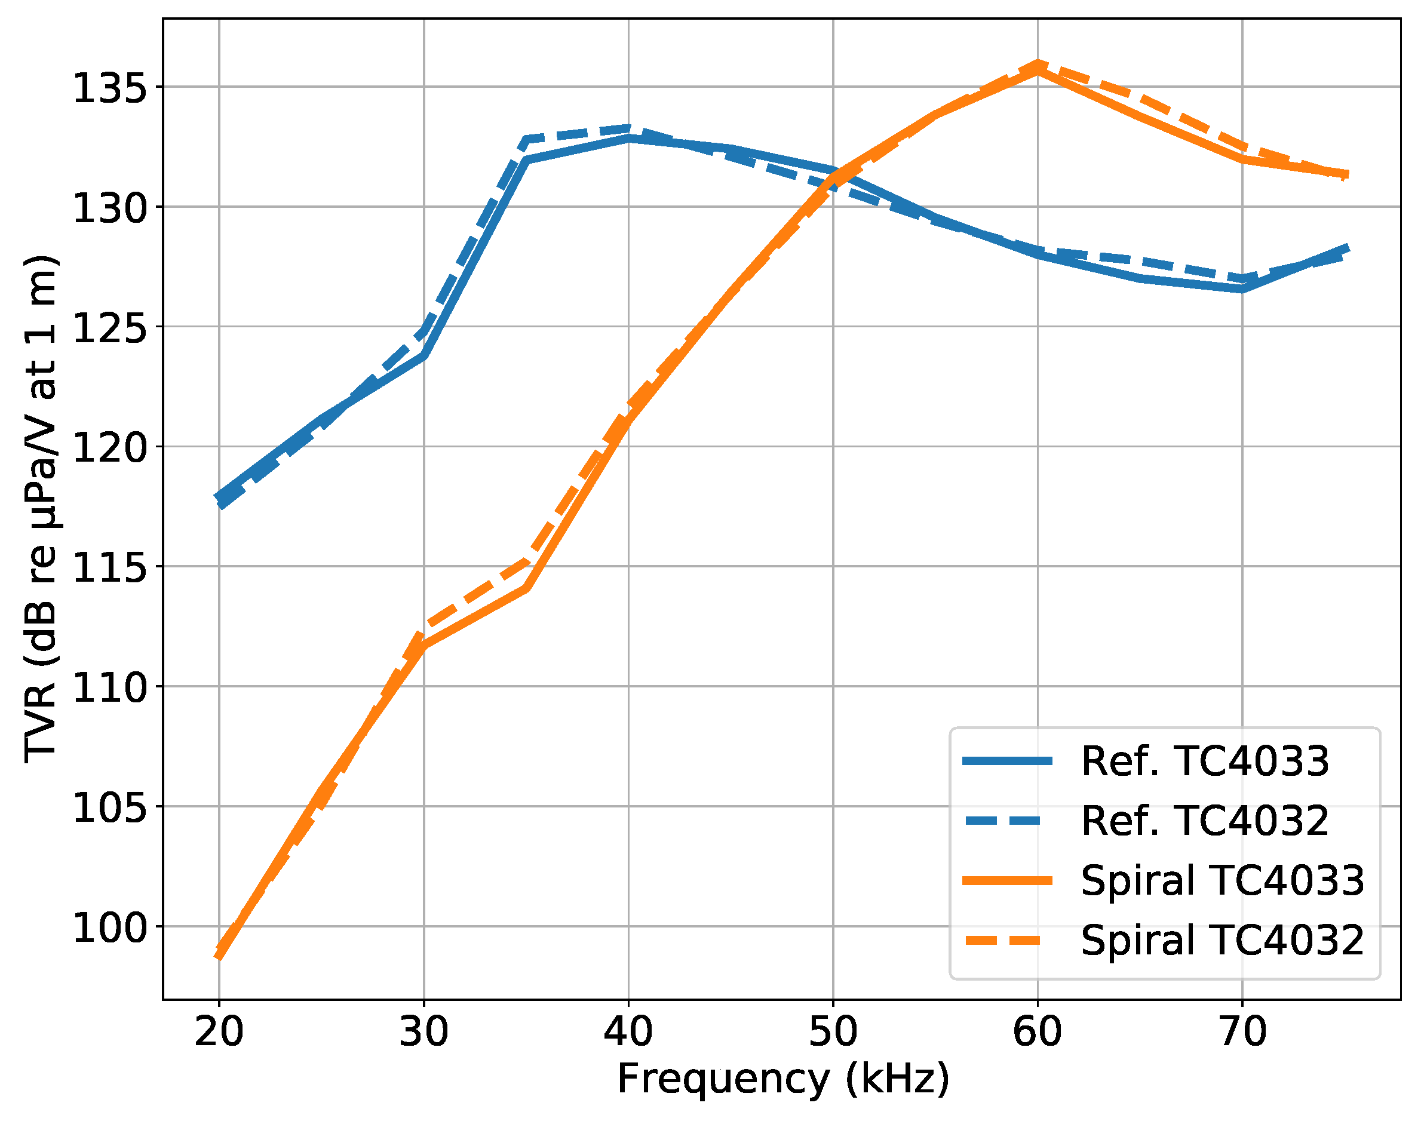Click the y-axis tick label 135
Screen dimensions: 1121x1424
pyautogui.click(x=109, y=88)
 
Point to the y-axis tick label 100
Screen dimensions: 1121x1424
pyautogui.click(x=109, y=928)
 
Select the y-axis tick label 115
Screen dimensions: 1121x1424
pyautogui.click(x=109, y=568)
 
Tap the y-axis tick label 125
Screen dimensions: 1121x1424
pyautogui.click(x=109, y=327)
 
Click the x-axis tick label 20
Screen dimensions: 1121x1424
pyautogui.click(x=219, y=1031)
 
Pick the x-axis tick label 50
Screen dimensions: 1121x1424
pyautogui.click(x=833, y=1031)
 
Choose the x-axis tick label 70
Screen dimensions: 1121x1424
pyautogui.click(x=1243, y=1031)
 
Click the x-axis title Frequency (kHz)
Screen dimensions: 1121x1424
pyautogui.click(x=783, y=1079)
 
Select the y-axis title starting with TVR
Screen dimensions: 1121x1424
pyautogui.click(x=41, y=509)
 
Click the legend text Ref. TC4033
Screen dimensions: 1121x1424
pyautogui.click(x=1205, y=761)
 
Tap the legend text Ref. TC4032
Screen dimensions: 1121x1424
pyautogui.click(x=1205, y=821)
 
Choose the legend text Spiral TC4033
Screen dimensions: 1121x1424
pyautogui.click(x=1223, y=881)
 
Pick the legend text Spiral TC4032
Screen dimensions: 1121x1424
pyautogui.click(x=1223, y=941)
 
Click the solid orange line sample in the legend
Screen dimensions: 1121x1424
pyautogui.click(x=1008, y=882)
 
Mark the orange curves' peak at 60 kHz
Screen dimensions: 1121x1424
pyautogui.click(x=1038, y=66)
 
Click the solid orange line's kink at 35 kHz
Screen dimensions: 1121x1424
pyautogui.click(x=526, y=589)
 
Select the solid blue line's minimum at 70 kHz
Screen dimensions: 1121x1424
pyautogui.click(x=1243, y=289)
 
